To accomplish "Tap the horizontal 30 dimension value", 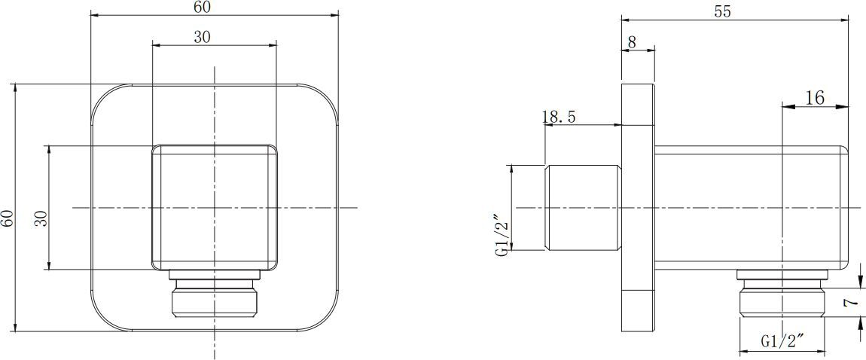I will point(202,38).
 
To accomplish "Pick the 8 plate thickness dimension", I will point(632,43).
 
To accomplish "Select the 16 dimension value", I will point(814,97).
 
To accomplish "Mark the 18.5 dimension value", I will point(558,117).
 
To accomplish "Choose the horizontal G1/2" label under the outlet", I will point(782,341).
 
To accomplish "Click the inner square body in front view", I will point(215,188).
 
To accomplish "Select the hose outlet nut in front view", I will point(215,297).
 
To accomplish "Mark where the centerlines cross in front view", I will point(215,207).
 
